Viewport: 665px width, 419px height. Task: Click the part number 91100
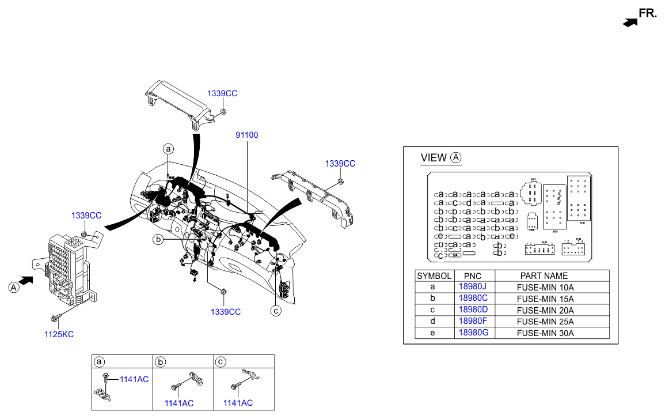246,135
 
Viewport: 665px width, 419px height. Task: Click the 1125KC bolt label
59,334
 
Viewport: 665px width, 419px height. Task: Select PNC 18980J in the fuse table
473,287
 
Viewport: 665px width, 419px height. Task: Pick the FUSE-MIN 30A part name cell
545,333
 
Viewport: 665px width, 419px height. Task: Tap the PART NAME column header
544,276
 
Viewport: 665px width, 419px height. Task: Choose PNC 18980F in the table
473,322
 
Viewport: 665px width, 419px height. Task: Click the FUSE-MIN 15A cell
545,299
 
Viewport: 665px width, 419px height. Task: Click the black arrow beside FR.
630,22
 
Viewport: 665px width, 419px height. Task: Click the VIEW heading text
434,158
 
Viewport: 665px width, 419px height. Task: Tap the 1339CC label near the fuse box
86,216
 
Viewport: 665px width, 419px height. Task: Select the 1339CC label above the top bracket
222,93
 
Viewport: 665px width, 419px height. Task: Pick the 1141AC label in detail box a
134,379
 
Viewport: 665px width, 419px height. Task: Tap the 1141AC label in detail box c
238,403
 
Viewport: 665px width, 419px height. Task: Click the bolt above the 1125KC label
55,318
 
